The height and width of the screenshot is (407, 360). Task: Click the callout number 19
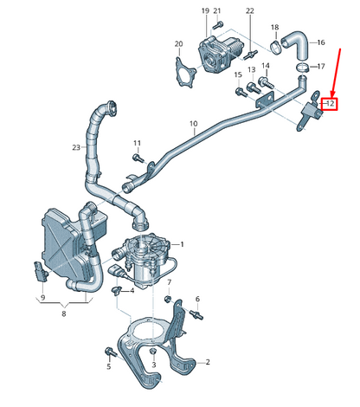point(205,11)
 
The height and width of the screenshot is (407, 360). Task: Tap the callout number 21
point(218,11)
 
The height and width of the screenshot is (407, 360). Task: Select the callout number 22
point(250,11)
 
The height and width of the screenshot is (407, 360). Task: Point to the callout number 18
point(274,28)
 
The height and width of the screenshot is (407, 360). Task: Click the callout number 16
point(320,42)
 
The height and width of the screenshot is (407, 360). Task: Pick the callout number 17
point(320,66)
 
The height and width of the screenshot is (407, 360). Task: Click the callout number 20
point(178,44)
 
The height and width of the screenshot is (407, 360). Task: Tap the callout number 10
point(192,124)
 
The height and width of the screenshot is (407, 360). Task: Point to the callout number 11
point(137,142)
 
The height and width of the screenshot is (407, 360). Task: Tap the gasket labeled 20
point(184,72)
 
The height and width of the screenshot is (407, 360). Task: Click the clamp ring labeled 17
point(299,67)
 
